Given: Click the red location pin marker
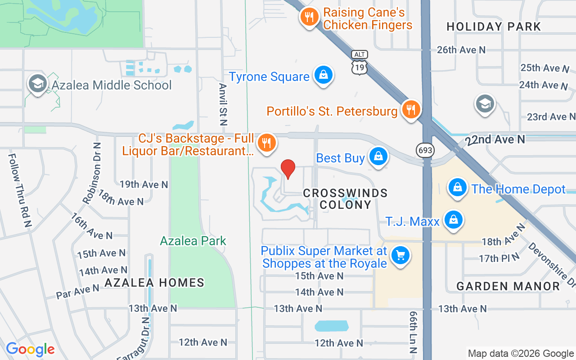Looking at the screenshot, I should tap(288, 169).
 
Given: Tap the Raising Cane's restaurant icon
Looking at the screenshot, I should tap(309, 18).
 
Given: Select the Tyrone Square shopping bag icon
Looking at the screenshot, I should tap(323, 75).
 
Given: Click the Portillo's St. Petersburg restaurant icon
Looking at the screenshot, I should tap(410, 109).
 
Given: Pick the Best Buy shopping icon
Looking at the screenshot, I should tap(378, 157).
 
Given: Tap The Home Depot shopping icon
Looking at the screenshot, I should tap(458, 187).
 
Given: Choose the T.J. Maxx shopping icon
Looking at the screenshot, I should tap(453, 220).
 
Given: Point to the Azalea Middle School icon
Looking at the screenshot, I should tap(37, 84).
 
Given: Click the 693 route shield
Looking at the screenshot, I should tap(425, 150).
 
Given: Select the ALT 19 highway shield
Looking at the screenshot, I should tap(360, 62).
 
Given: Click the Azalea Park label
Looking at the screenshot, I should tap(193, 241).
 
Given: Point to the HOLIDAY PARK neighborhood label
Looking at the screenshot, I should tap(494, 27).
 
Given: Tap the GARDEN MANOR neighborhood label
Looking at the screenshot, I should tap(508, 286).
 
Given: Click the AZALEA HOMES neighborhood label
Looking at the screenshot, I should tap(154, 283).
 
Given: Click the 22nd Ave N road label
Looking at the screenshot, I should tap(495, 140).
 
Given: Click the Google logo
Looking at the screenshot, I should tap(30, 349).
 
